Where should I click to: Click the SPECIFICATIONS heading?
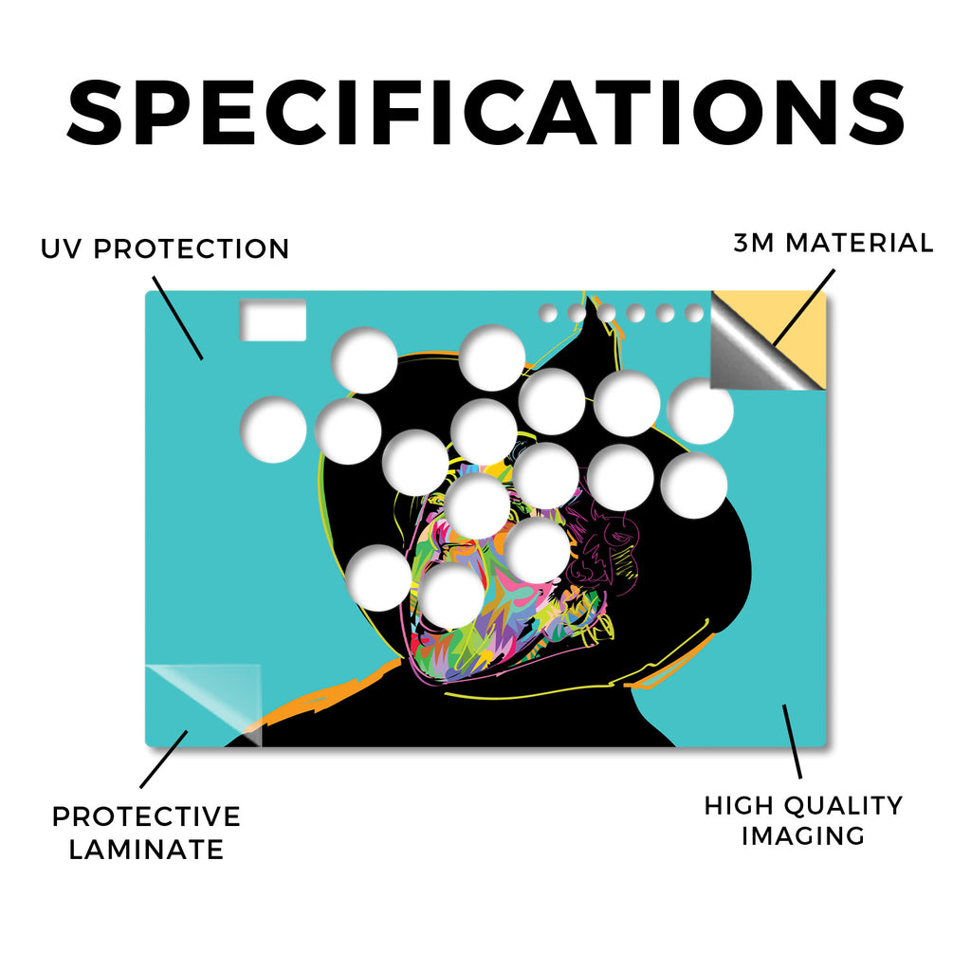click(x=485, y=114)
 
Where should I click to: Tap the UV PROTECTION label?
click(x=165, y=249)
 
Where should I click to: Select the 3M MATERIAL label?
click(x=833, y=243)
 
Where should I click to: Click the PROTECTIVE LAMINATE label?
click(x=146, y=833)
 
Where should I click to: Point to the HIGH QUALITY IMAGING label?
click(x=803, y=820)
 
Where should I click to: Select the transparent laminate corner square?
click(x=203, y=705)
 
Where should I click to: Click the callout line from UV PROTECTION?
click(x=177, y=318)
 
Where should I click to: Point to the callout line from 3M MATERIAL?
click(x=803, y=307)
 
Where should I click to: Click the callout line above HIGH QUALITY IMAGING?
click(x=792, y=742)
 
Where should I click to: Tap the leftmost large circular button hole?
click(x=273, y=430)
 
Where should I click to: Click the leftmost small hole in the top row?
click(x=547, y=313)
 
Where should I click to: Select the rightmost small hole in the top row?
click(x=694, y=313)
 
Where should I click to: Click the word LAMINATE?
click(x=146, y=850)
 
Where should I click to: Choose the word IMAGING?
click(x=803, y=835)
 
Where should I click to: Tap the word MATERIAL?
click(x=859, y=243)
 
